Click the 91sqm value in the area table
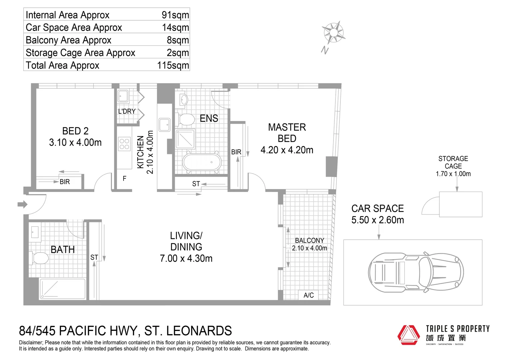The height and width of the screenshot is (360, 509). pyautogui.click(x=175, y=15)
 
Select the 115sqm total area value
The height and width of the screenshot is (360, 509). pyautogui.click(x=173, y=65)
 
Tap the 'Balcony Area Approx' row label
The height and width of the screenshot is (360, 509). pyautogui.click(x=68, y=40)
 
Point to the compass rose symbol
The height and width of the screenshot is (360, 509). pyautogui.click(x=333, y=33)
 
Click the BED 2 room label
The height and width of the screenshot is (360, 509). pyautogui.click(x=75, y=131)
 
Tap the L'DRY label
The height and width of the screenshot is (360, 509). pyautogui.click(x=127, y=111)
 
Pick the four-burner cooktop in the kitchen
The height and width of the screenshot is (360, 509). pyautogui.click(x=124, y=144)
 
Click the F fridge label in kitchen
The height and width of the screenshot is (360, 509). pyautogui.click(x=124, y=179)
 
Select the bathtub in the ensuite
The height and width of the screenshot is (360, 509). pyautogui.click(x=202, y=162)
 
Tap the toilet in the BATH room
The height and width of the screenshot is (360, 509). pyautogui.click(x=39, y=258)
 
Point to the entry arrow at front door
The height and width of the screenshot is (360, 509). pyautogui.click(x=23, y=204)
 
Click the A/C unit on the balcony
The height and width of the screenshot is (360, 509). pyautogui.click(x=308, y=295)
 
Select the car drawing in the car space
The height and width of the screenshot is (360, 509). pyautogui.click(x=416, y=272)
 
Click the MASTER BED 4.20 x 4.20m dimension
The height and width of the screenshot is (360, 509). pyautogui.click(x=287, y=150)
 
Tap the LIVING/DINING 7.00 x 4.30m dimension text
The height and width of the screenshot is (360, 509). pyautogui.click(x=186, y=259)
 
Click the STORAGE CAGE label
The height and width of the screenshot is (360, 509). pyautogui.click(x=453, y=162)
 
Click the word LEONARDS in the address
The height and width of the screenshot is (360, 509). pyautogui.click(x=199, y=331)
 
